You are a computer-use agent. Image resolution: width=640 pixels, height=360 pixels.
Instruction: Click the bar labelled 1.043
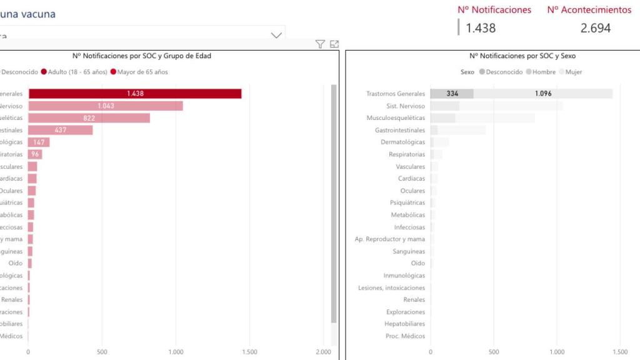pos(105,106)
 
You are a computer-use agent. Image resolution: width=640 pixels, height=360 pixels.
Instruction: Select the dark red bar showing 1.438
pos(135,94)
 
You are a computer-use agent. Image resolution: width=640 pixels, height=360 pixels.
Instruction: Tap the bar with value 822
pos(89,118)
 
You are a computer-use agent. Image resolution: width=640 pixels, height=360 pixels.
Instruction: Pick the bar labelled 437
pos(60,130)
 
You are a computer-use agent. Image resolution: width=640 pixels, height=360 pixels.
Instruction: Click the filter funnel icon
pos(320,44)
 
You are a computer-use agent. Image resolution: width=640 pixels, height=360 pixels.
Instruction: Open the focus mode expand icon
pos(334,44)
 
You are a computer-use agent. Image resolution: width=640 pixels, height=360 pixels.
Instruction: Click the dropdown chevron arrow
pos(276,36)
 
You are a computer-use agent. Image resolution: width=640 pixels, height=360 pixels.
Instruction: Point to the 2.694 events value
pos(595,28)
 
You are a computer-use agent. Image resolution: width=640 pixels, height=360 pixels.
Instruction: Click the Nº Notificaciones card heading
pos(494,10)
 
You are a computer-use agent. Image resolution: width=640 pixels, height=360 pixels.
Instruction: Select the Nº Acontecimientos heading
pos(589,10)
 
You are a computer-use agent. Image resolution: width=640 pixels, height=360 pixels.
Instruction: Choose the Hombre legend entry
pos(540,72)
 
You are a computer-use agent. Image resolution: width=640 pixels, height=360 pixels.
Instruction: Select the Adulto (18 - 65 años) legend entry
pos(74,72)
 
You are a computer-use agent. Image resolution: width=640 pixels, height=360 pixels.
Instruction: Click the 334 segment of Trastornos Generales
pos(452,94)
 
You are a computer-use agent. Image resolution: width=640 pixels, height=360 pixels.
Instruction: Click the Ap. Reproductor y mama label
pos(389,239)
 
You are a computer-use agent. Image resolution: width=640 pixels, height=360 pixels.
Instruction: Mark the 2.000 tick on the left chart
pos(323,352)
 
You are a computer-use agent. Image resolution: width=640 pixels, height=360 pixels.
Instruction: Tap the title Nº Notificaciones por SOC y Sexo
pos(522,56)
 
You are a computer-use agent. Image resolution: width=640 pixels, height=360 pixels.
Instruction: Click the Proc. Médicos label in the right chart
pos(405,336)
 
